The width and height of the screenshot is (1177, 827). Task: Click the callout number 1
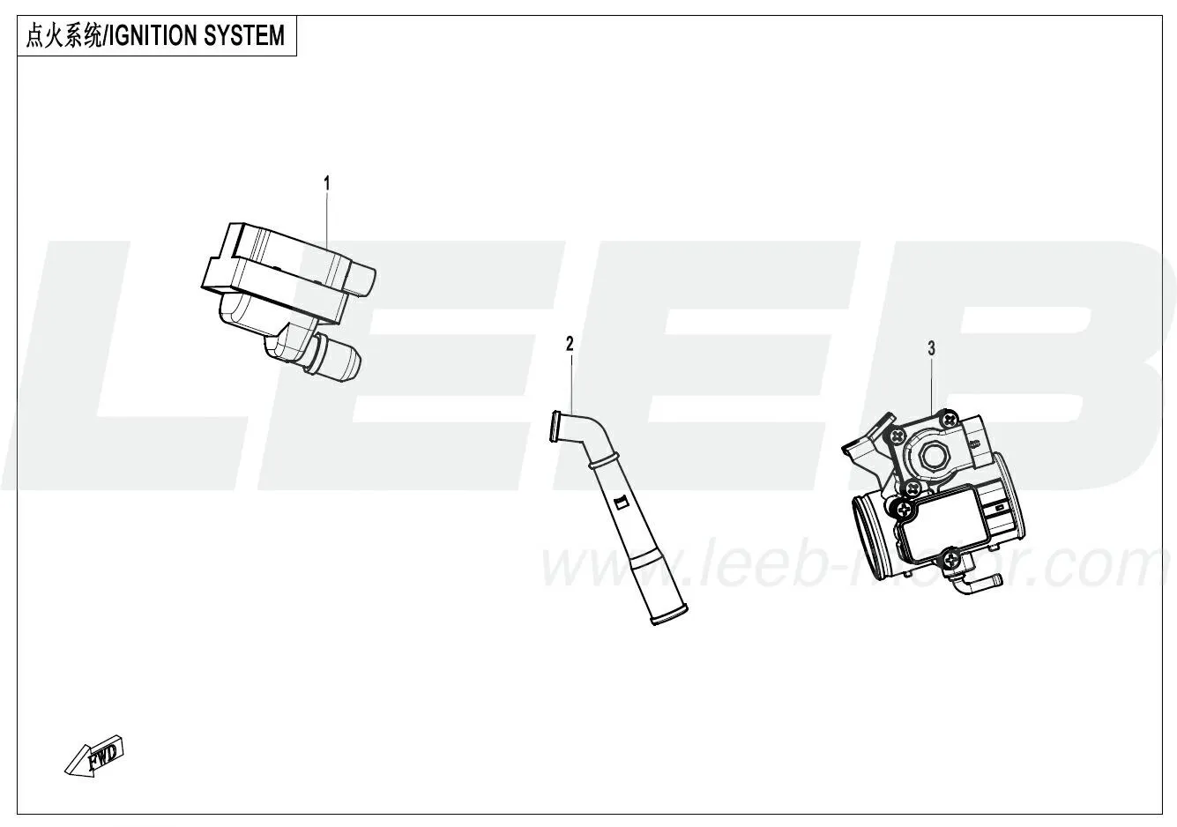(327, 183)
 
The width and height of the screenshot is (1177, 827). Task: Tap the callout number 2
(570, 344)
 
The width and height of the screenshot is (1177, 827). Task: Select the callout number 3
(932, 348)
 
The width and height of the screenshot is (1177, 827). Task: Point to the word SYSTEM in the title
(244, 36)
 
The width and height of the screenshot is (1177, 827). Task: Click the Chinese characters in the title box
(64, 36)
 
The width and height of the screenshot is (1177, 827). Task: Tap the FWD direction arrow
(94, 756)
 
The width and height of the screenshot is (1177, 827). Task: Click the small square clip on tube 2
(621, 503)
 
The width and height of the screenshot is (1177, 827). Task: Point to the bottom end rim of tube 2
(669, 615)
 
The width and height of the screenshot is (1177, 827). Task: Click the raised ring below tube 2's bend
(603, 461)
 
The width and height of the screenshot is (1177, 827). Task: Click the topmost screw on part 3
(949, 420)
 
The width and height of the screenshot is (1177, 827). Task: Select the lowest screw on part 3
(950, 561)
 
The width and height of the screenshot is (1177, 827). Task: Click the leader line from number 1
(327, 221)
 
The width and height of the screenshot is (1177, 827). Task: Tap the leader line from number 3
(932, 384)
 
